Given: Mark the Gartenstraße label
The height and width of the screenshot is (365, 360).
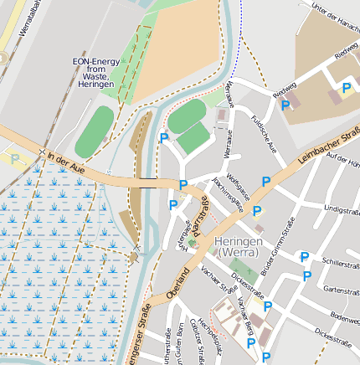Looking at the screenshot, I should pyautogui.click(x=340, y=290).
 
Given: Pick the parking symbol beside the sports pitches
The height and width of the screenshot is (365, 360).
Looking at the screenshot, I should pyautogui.click(x=164, y=139).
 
